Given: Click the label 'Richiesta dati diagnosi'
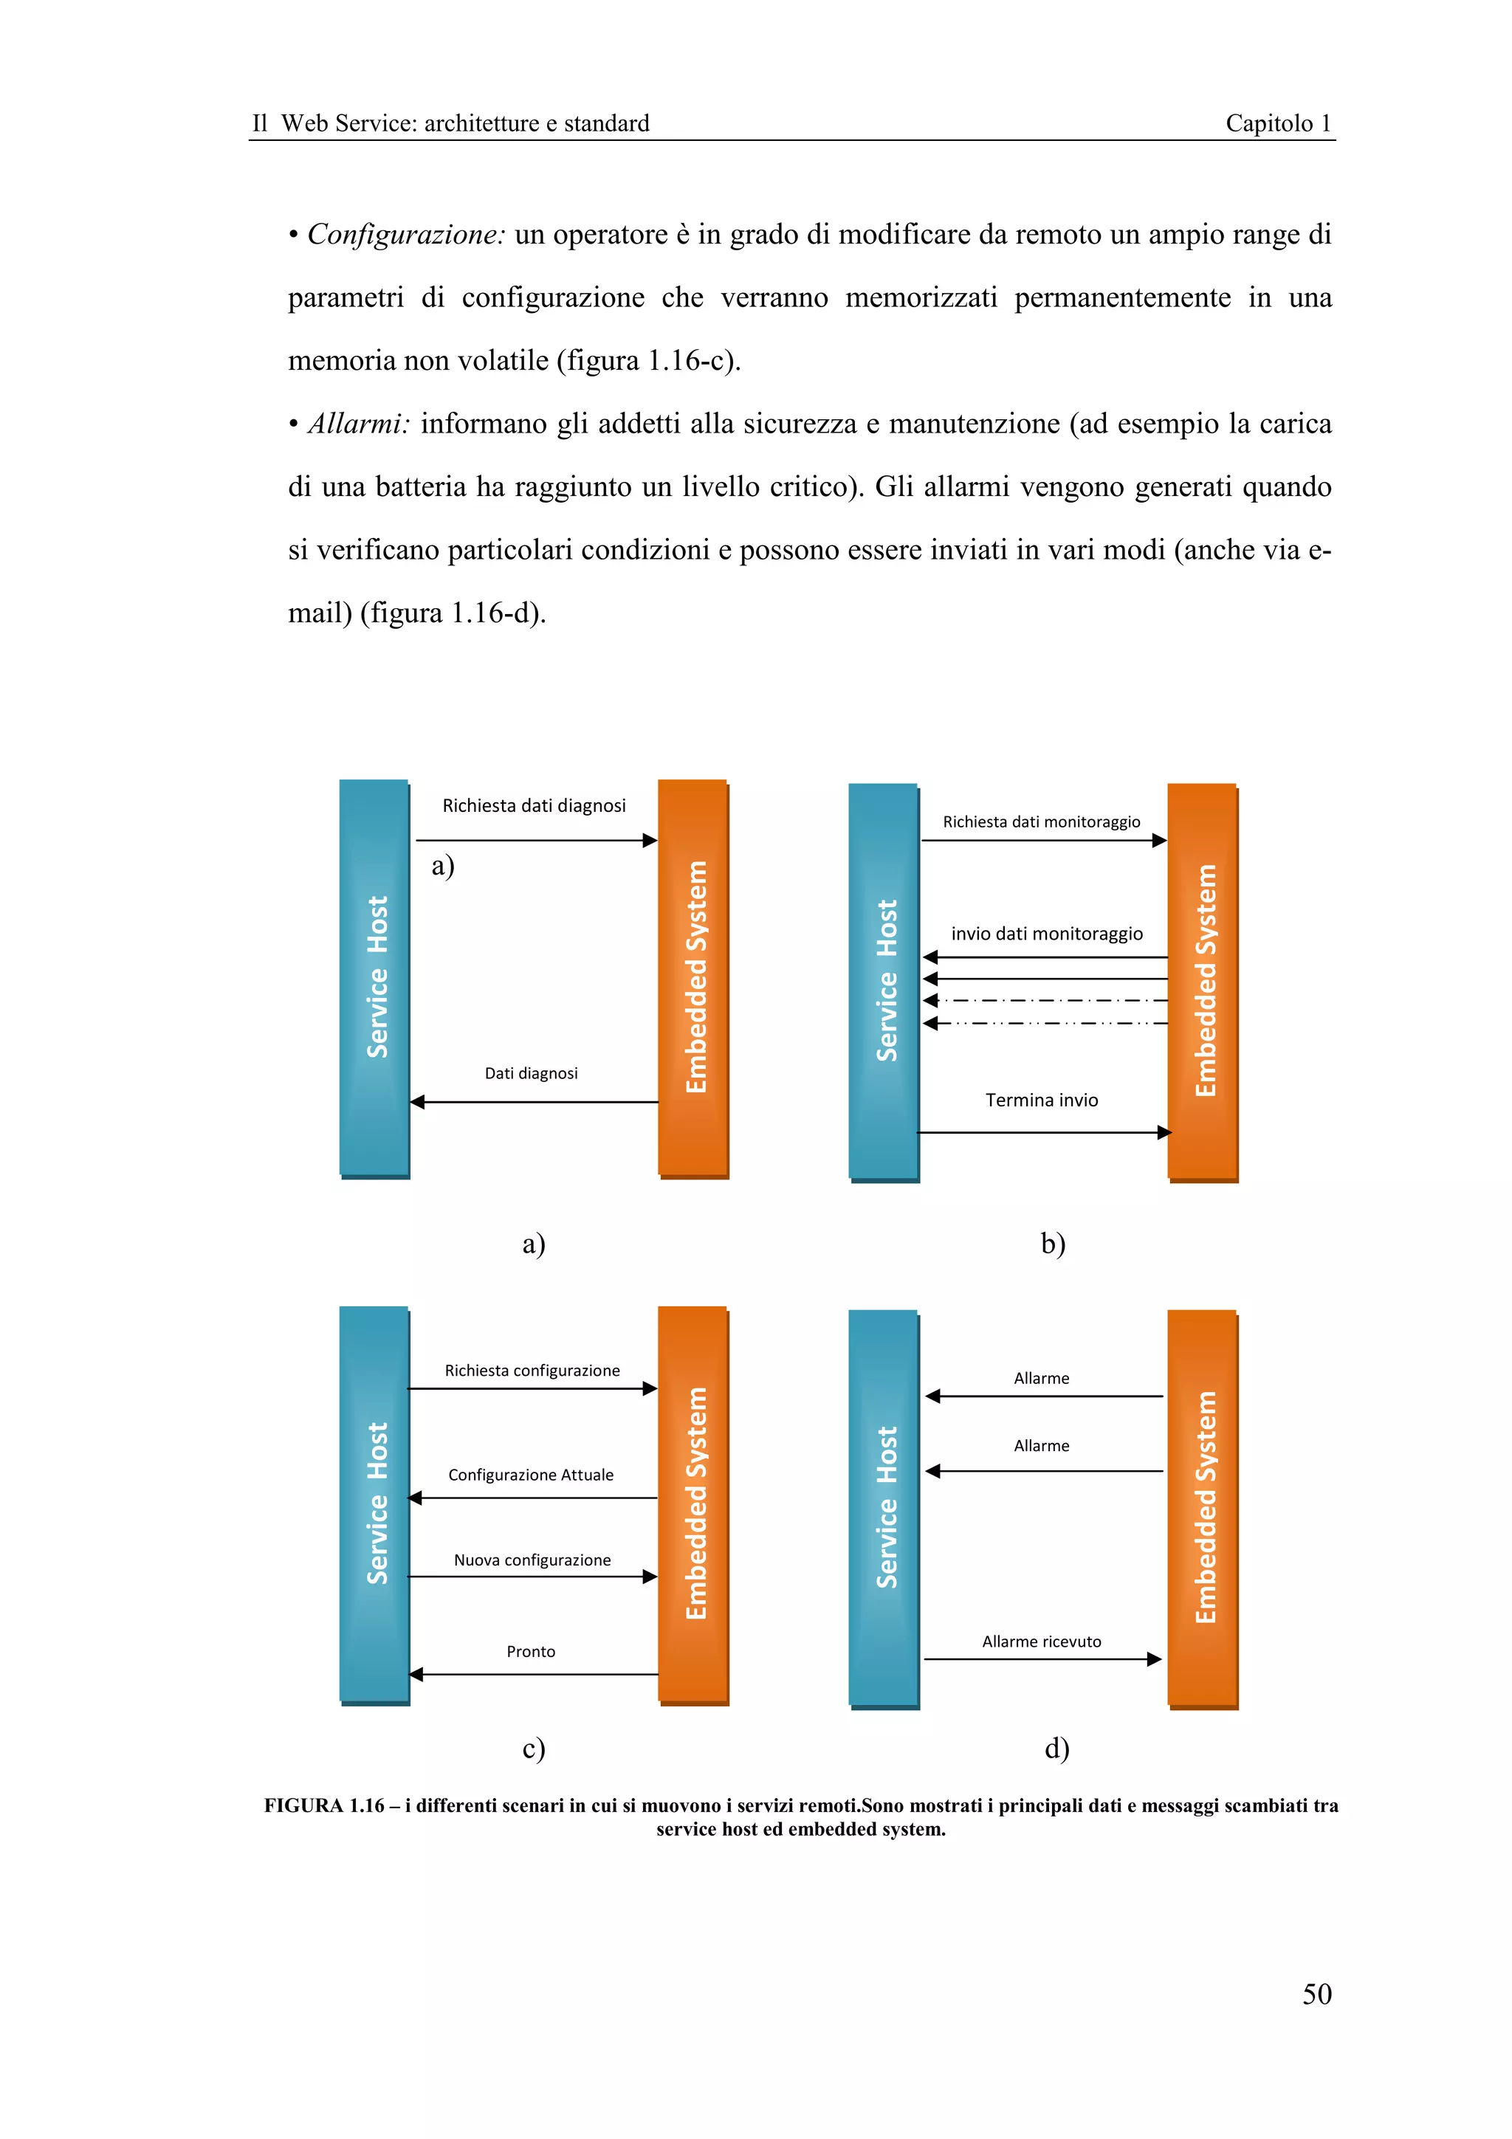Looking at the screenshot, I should [534, 806].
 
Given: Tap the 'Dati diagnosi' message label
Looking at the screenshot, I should [531, 1073].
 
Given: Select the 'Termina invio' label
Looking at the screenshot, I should [1042, 1100].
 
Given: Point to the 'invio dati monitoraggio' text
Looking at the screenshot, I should [1046, 934].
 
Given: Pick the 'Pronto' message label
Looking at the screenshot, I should [531, 1652].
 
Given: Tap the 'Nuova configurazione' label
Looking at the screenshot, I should [532, 1560].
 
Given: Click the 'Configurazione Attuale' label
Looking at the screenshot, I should [531, 1475].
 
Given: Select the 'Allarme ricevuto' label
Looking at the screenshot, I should [1042, 1642].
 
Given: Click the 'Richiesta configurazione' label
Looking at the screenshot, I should [532, 1371].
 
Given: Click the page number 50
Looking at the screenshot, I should [1316, 1994].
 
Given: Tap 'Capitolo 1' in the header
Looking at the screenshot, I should [1278, 123].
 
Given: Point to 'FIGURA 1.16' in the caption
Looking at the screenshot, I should [324, 1805].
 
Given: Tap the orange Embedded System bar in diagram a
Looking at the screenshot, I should [693, 977].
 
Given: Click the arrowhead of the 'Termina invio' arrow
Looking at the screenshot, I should [1164, 1133].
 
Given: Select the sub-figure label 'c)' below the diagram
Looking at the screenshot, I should [534, 1748].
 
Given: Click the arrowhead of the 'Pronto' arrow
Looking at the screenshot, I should [416, 1674].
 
